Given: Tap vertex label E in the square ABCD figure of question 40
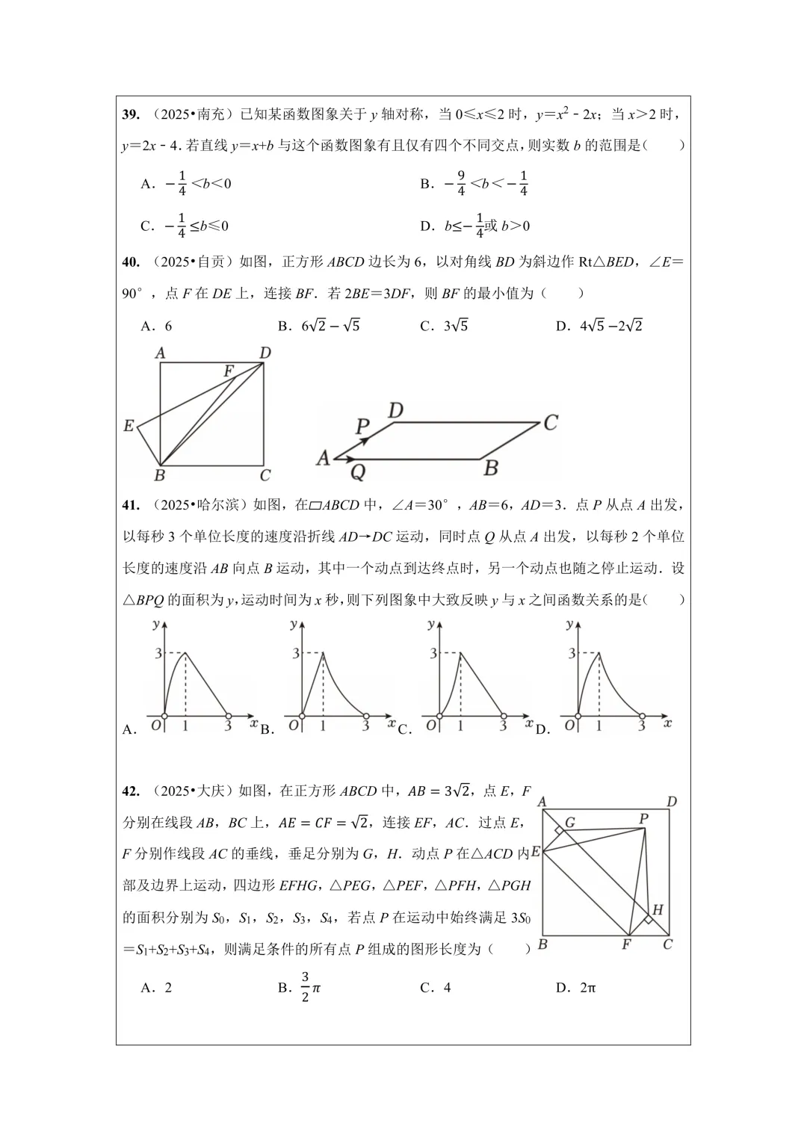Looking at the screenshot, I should click(x=129, y=426).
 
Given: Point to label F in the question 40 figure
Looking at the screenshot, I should click(x=229, y=371).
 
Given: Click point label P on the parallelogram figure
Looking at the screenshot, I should click(x=362, y=427).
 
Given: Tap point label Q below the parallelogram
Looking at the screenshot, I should click(x=358, y=472).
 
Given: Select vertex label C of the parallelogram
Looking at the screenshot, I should click(x=550, y=423).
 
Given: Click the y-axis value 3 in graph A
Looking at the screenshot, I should click(x=158, y=654).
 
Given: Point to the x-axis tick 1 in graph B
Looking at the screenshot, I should click(x=323, y=726).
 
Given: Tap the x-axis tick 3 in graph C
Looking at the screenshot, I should click(x=503, y=726).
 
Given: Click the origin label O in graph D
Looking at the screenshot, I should click(x=569, y=725).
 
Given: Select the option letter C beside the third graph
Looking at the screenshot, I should click(x=404, y=730).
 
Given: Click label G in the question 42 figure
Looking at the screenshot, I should click(x=569, y=823).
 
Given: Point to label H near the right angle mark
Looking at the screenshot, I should click(x=658, y=909).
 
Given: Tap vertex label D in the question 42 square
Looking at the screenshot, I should click(x=671, y=802).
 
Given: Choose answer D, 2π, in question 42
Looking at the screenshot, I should click(x=576, y=988).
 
